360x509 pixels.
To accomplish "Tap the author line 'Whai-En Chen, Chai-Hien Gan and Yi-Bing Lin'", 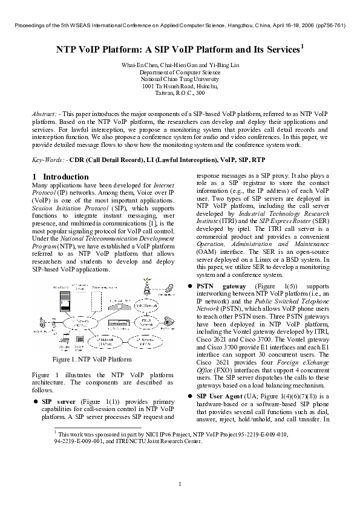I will [180, 64].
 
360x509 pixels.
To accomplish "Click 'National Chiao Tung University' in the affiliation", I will [180, 79].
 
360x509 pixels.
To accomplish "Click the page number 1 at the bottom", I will [180, 484].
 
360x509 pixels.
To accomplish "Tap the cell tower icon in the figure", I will [146, 285].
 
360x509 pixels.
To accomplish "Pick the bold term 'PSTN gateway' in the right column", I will [220, 285].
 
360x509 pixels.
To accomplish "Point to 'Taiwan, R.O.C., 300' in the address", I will [180, 93].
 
